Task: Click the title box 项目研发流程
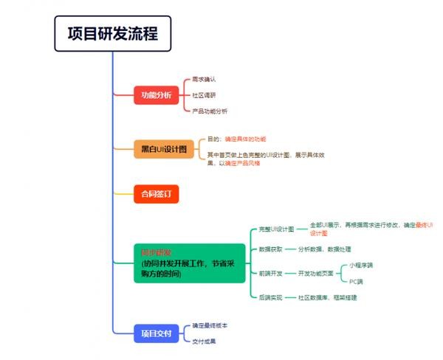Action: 112,34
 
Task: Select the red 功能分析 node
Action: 157,95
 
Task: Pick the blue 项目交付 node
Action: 157,333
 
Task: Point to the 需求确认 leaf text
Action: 204,79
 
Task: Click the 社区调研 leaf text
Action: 204,95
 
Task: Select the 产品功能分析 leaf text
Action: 210,111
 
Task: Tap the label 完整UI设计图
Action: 277,229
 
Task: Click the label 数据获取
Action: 271,249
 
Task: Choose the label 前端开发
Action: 271,274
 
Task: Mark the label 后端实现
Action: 271,297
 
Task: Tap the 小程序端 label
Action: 361,265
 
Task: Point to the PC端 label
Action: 356,282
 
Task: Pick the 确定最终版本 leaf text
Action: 210,325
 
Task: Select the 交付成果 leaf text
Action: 204,342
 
